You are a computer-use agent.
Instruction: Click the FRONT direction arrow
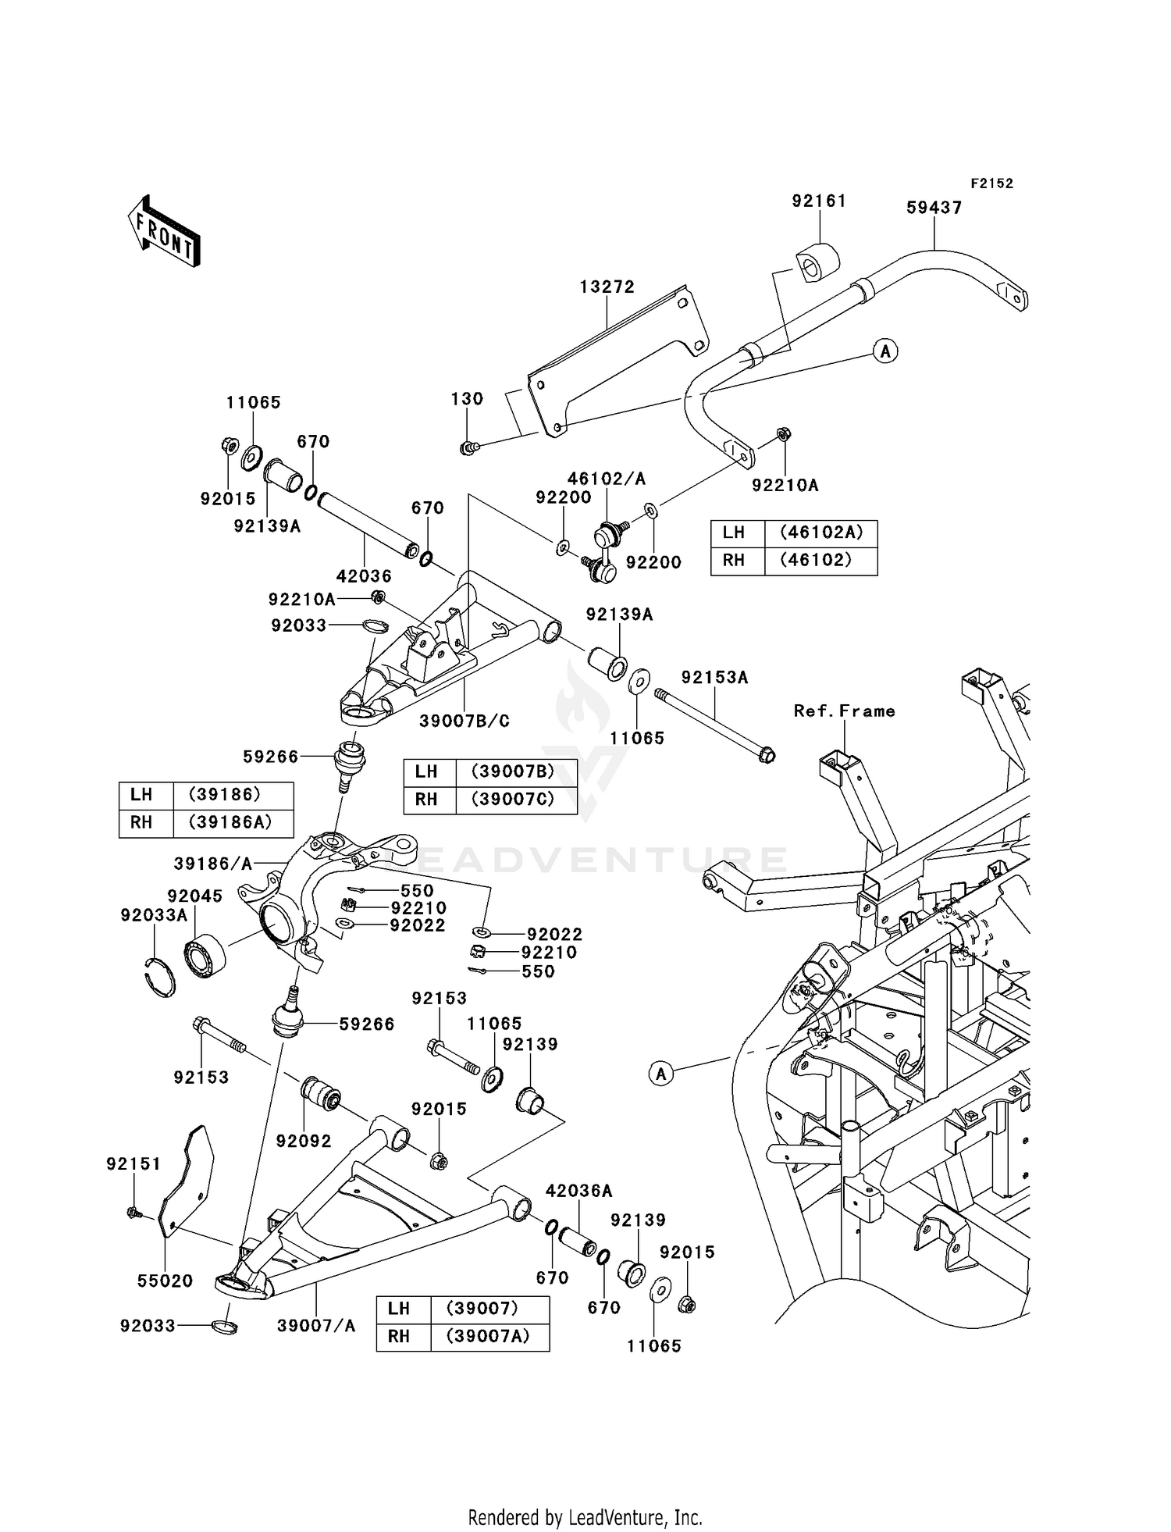point(165,232)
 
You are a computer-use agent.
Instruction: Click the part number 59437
point(934,208)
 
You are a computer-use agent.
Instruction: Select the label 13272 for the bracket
point(607,287)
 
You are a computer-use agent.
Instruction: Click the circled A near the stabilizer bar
point(884,351)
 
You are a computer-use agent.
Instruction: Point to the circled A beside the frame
point(661,1074)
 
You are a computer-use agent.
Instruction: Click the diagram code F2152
point(991,183)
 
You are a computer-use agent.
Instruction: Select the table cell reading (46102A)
point(820,533)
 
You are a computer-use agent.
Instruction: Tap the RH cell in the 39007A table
point(399,1336)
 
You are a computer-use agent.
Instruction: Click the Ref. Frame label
point(844,711)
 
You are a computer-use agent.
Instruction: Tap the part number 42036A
point(578,1191)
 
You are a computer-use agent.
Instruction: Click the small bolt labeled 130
point(468,448)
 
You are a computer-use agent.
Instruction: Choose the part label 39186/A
point(213,863)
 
